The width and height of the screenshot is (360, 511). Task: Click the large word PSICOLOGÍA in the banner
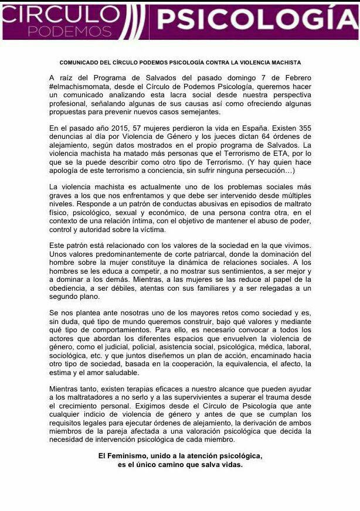255,20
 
